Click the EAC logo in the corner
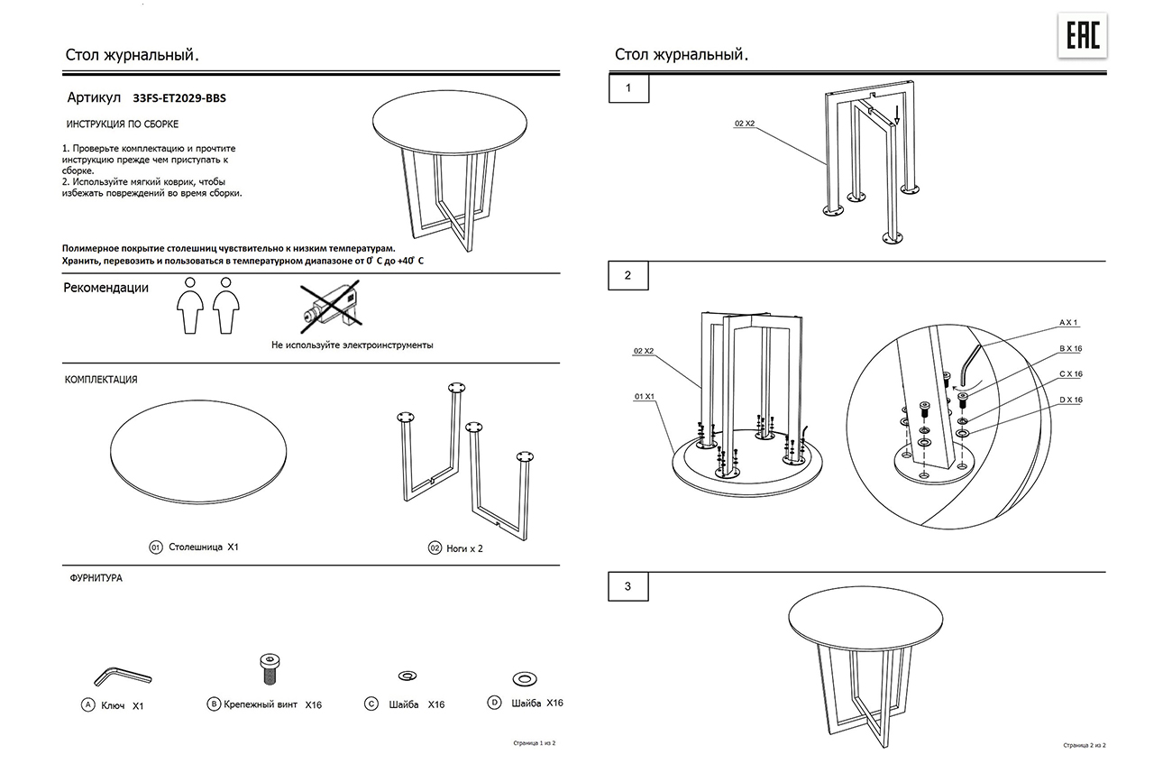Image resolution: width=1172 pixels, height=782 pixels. (x=1082, y=37)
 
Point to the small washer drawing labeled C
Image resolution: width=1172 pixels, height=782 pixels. (x=407, y=676)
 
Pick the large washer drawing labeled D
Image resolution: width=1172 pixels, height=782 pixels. (x=525, y=677)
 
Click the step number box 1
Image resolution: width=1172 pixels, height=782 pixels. (x=628, y=88)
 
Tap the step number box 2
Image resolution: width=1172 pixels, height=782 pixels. (x=628, y=275)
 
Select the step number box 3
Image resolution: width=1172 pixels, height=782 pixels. (x=628, y=587)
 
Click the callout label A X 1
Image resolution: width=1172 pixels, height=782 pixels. (x=1068, y=322)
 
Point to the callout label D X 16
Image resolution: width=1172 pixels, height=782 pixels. (x=1070, y=400)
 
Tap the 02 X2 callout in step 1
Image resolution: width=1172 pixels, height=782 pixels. (x=744, y=124)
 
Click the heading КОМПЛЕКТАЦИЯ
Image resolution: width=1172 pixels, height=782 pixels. (x=101, y=380)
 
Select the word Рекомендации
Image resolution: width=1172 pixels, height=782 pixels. (x=105, y=289)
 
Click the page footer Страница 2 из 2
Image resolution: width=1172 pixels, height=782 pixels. (x=1084, y=746)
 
